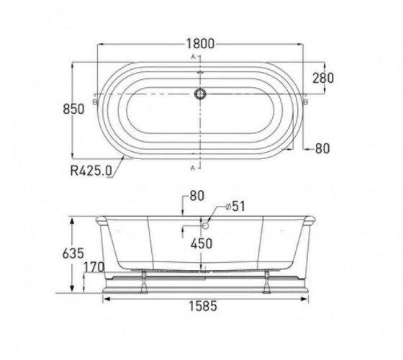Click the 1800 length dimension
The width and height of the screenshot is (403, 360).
point(200,44)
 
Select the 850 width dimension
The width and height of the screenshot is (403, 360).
point(73,109)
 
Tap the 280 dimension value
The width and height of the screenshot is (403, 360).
point(323,78)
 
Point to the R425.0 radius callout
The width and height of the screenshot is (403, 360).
point(91,170)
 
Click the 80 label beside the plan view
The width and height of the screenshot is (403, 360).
point(322,148)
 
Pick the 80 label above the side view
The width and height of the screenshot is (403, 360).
point(197,196)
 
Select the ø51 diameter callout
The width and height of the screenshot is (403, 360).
point(235,206)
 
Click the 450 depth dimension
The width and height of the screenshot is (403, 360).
point(201,243)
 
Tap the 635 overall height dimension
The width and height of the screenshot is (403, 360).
point(73,253)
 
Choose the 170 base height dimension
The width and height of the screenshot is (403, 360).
point(94,267)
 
